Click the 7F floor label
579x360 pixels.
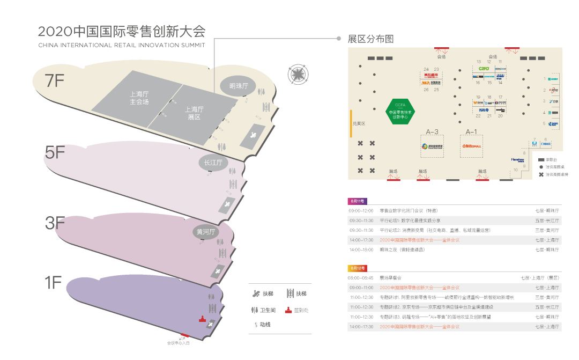click(x=55, y=80)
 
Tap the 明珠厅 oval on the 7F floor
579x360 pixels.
click(x=239, y=86)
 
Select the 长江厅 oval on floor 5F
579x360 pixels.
click(x=213, y=163)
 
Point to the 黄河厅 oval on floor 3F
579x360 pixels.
click(x=206, y=232)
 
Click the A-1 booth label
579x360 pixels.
click(x=471, y=131)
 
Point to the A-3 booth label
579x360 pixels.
click(x=432, y=131)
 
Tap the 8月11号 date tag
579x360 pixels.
click(x=358, y=201)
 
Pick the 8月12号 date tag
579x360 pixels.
click(x=358, y=268)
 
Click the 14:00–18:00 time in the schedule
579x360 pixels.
click(x=361, y=249)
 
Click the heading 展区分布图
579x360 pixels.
click(x=371, y=39)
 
